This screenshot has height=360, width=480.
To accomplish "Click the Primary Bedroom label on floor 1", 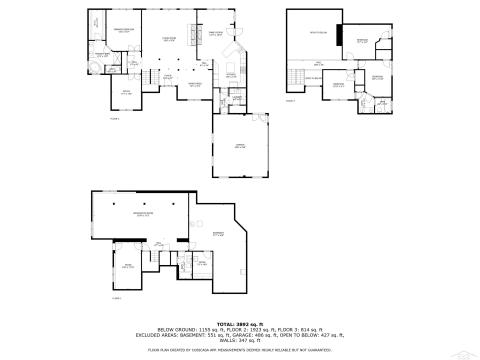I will pyautogui.click(x=124, y=33).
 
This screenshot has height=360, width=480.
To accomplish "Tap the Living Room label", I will pyautogui.click(x=169, y=40).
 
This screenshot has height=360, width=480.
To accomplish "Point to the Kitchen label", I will pyautogui.click(x=231, y=75).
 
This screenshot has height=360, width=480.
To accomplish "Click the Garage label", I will pyautogui.click(x=240, y=146).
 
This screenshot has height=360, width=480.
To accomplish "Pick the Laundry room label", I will pyautogui.click(x=237, y=98).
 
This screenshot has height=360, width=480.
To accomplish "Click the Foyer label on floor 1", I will pyautogui.click(x=168, y=76).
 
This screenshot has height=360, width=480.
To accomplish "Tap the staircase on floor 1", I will pyautogui.click(x=148, y=77).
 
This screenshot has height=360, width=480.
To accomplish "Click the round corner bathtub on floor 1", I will pyautogui.click(x=93, y=69).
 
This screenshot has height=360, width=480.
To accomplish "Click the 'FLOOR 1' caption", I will pyautogui.click(x=115, y=119).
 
